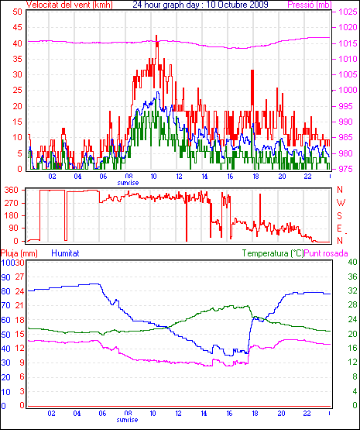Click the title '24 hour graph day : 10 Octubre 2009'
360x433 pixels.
[x=201, y=5]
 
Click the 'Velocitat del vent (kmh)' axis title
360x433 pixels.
[x=70, y=5]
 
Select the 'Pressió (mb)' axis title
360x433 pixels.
[x=310, y=5]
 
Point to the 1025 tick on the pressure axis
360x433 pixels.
[x=348, y=12]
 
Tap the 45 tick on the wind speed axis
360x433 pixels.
[x=17, y=27]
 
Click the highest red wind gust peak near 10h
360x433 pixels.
[x=156, y=36]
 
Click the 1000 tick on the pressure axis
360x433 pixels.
[x=348, y=90]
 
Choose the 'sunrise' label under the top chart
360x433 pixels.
[x=128, y=183]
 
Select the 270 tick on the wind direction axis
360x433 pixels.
[x=12, y=203]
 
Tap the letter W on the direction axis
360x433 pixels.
[x=341, y=203]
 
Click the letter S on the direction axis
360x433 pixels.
[x=340, y=215]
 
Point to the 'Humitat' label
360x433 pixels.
[x=65, y=253]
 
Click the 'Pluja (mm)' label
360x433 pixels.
[x=19, y=253]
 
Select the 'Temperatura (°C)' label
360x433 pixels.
[x=273, y=253]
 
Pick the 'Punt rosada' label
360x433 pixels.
[x=326, y=253]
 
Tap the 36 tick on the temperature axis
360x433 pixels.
[x=352, y=277]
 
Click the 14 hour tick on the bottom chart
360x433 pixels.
[x=204, y=414]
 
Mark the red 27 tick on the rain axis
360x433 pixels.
[x=19, y=277]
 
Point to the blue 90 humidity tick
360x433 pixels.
[x=5, y=277]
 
